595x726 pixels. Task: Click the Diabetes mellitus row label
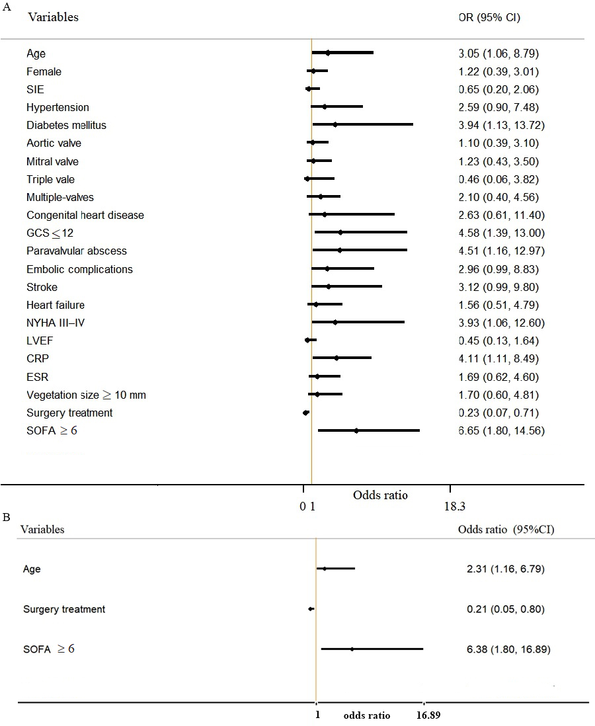(66, 125)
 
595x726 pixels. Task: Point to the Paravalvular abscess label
(77, 251)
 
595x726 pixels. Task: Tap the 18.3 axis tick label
(454, 506)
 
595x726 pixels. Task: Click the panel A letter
(7, 7)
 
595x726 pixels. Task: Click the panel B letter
(7, 517)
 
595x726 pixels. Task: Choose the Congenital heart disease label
(85, 216)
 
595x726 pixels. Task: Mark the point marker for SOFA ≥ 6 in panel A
(356, 430)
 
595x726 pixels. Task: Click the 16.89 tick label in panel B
(428, 715)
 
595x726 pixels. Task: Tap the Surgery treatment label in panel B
(64, 610)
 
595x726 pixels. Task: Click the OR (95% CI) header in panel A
(489, 18)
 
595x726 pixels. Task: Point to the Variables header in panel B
(42, 529)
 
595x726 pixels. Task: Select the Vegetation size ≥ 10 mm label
(86, 395)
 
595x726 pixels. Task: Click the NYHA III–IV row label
(56, 323)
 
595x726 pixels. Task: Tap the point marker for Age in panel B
(324, 569)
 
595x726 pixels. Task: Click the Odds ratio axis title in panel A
(380, 495)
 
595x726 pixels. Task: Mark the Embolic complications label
(79, 270)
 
